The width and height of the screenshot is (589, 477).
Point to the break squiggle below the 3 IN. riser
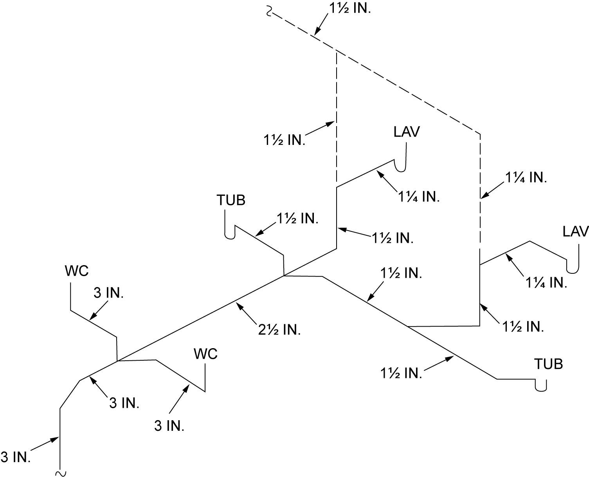click(x=60, y=473)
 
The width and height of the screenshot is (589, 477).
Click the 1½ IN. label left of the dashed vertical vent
click(x=284, y=140)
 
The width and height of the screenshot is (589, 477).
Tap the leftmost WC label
click(x=77, y=271)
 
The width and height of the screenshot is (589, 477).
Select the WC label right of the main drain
click(x=205, y=354)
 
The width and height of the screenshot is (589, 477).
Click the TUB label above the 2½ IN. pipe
click(x=231, y=200)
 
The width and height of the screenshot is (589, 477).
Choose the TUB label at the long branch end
click(x=549, y=364)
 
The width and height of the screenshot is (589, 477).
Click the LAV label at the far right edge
click(x=575, y=231)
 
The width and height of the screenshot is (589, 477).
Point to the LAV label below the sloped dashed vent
click(x=406, y=132)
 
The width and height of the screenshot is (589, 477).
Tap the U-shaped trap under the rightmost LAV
click(x=573, y=267)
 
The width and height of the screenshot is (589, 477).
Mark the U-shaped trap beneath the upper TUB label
click(x=229, y=233)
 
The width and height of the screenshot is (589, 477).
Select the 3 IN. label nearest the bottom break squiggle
click(x=16, y=457)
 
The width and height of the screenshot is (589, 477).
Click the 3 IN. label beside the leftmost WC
click(x=108, y=293)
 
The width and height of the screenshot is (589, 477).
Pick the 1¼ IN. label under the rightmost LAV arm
click(x=546, y=282)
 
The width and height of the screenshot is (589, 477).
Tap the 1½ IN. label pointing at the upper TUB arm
click(x=297, y=219)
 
